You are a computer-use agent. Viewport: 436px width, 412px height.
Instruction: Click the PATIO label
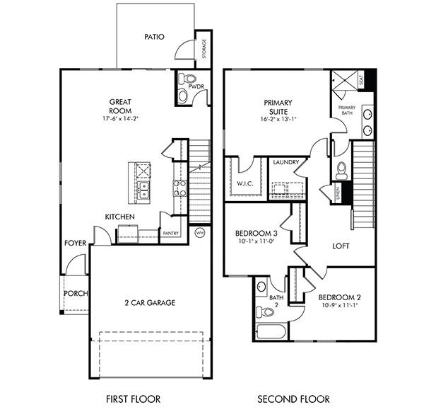[x=154, y=36]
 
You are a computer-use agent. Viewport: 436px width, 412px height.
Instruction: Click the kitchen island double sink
[x=143, y=189]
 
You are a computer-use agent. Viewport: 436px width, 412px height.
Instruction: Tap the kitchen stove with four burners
[x=179, y=188]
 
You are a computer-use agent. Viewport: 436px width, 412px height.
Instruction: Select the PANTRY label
[x=171, y=233]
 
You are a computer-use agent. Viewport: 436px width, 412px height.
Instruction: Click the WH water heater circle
[x=199, y=232]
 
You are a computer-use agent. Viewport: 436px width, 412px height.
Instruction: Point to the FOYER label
[x=75, y=243]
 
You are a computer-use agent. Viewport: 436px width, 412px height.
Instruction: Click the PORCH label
[x=75, y=293]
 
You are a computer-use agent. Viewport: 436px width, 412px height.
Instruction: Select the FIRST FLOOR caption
[x=133, y=399]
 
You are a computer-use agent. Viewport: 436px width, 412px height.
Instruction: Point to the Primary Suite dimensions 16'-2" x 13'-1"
[x=278, y=119]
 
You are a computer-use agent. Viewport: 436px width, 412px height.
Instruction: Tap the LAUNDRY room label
[x=285, y=162]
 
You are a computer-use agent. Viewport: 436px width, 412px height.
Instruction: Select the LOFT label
[x=342, y=246]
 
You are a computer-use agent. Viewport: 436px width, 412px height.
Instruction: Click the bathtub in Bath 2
[x=269, y=331]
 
